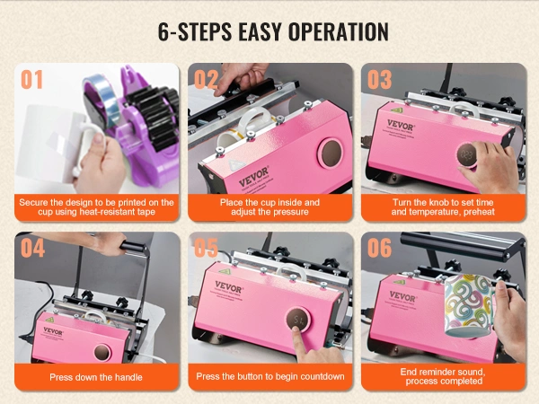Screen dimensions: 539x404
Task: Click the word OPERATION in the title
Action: (339, 32)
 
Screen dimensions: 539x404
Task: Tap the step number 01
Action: (32, 79)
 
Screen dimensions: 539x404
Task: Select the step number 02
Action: (206, 79)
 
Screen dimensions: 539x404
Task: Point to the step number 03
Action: (379, 79)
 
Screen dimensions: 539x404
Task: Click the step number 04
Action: (32, 248)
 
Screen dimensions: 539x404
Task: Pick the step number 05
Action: (206, 248)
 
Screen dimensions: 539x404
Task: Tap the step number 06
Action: (379, 248)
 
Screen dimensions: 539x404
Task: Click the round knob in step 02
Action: (331, 154)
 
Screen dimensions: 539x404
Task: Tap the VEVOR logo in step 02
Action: (253, 176)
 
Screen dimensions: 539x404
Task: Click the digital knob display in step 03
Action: (467, 155)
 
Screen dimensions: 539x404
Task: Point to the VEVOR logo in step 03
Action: (401, 125)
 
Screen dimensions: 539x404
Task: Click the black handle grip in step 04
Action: (133, 248)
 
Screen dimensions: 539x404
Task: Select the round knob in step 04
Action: (102, 352)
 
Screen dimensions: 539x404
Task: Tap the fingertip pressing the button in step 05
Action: (296, 330)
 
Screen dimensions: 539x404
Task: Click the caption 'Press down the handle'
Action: (96, 377)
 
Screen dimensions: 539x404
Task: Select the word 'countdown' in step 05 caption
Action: (323, 376)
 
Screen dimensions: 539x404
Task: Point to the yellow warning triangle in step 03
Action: (396, 110)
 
